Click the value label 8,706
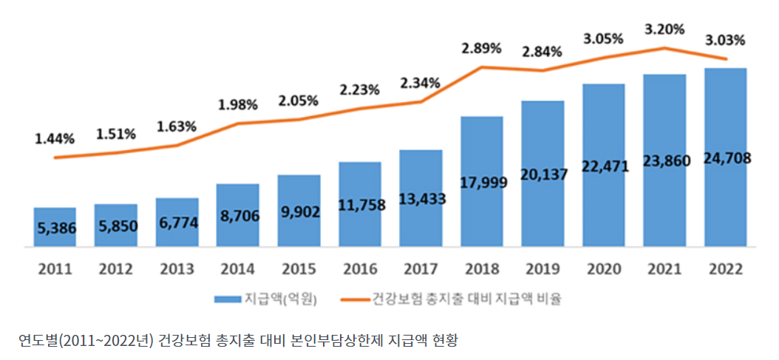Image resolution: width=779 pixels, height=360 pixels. [x=238, y=217]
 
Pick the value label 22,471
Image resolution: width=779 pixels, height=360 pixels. [x=604, y=166]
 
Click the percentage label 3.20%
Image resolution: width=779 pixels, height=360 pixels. [x=664, y=30]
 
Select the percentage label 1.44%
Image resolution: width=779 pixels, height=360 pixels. [x=54, y=138]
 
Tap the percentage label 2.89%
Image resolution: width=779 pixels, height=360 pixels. [x=481, y=48]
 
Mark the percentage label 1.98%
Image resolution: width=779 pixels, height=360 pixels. [x=238, y=104]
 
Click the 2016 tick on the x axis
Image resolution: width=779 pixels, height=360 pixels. [x=360, y=268]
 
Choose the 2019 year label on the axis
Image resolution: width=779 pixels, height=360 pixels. [x=542, y=268]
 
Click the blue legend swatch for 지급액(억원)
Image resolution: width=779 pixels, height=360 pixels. [x=226, y=299]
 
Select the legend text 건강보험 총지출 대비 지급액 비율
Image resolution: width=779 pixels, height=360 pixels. [x=467, y=299]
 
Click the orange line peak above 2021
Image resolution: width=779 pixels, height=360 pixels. [x=664, y=48]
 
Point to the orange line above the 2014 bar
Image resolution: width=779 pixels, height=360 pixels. [x=238, y=123]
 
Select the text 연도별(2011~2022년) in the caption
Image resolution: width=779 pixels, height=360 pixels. [x=85, y=341]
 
